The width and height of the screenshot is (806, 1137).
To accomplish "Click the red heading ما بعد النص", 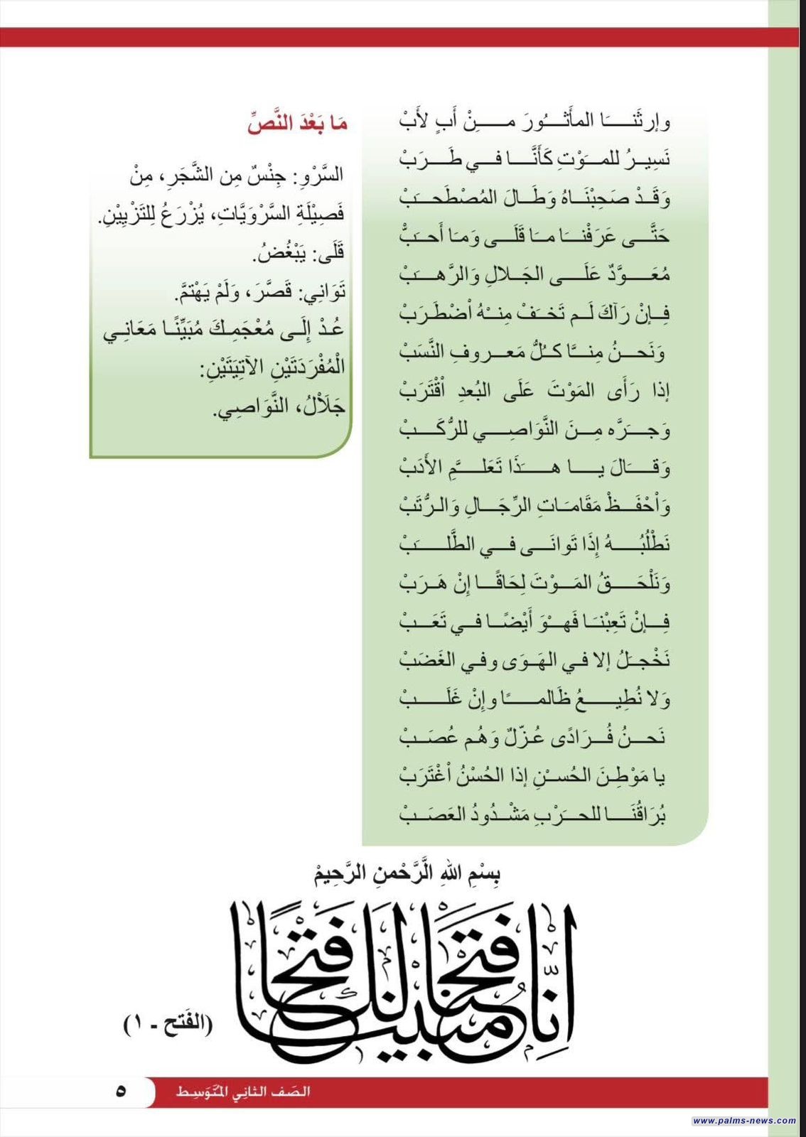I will click(298, 124).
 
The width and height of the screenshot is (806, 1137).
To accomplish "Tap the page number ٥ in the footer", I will click(121, 1091).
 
